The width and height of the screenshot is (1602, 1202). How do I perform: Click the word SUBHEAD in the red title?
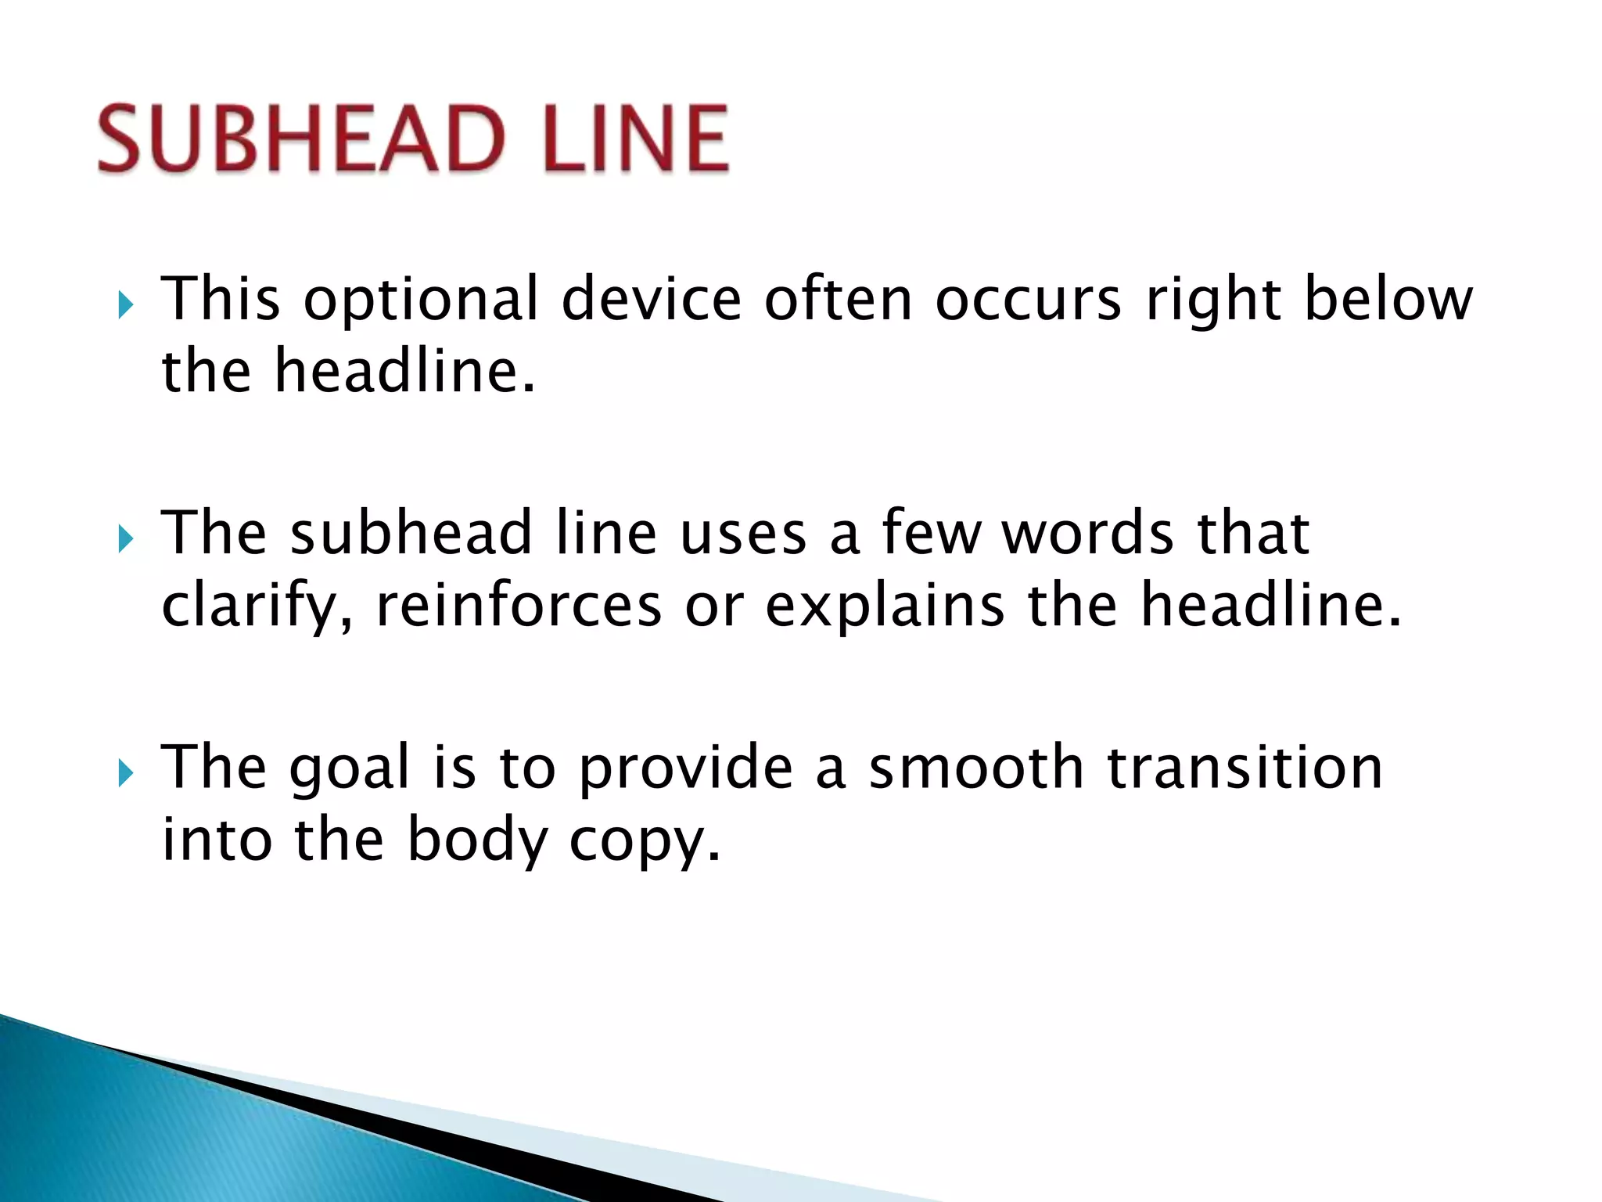click(x=302, y=139)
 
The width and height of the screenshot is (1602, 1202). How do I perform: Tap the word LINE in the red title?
click(x=636, y=139)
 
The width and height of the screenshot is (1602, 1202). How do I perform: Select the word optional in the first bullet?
click(x=421, y=301)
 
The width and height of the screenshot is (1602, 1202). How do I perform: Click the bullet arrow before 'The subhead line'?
click(x=125, y=538)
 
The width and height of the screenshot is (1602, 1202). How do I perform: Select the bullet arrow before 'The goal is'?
click(x=125, y=773)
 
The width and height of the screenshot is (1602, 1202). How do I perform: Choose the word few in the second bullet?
click(x=931, y=533)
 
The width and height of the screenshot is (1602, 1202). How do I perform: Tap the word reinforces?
click(x=519, y=606)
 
